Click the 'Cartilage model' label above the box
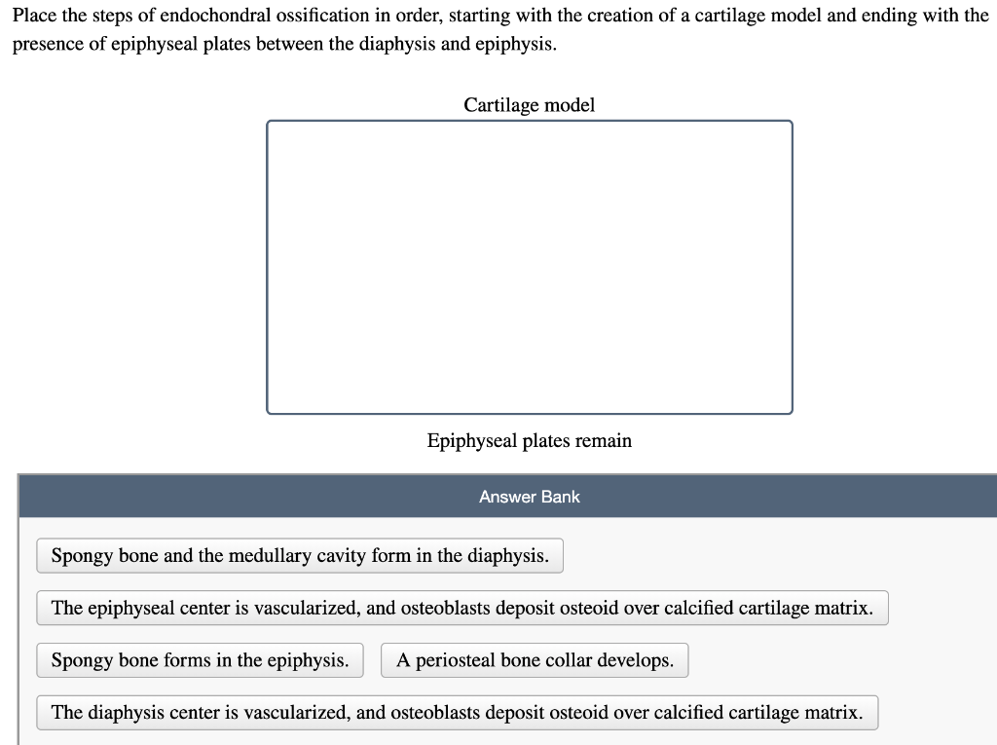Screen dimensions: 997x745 point(529,105)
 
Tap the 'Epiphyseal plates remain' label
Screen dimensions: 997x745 point(529,440)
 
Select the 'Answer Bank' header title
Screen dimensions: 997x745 point(529,497)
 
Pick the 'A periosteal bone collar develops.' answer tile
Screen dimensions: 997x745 point(535,660)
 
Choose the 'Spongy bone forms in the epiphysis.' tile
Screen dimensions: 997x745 point(201,660)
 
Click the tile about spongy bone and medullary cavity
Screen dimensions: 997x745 point(300,556)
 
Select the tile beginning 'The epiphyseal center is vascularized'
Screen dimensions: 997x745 point(462,609)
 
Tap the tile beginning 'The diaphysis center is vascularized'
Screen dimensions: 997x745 point(458,713)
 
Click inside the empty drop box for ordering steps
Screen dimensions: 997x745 point(529,267)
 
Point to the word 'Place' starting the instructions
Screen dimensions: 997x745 point(34,16)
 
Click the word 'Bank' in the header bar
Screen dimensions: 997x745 point(564,497)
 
